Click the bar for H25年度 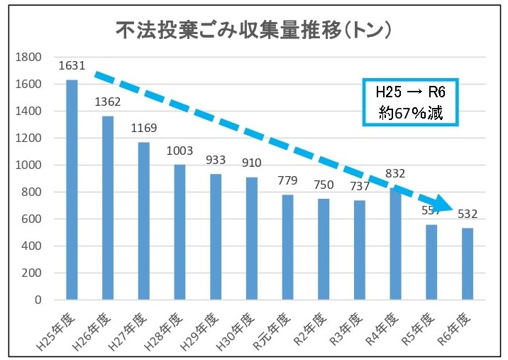tap(72, 190)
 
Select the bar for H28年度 tap(180, 232)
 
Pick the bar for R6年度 tap(467, 263)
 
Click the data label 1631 tap(72, 66)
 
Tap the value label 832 tap(395, 173)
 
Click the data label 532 tap(467, 214)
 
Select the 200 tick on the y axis tap(33, 273)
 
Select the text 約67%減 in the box tap(410, 112)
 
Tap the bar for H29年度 tap(216, 237)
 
